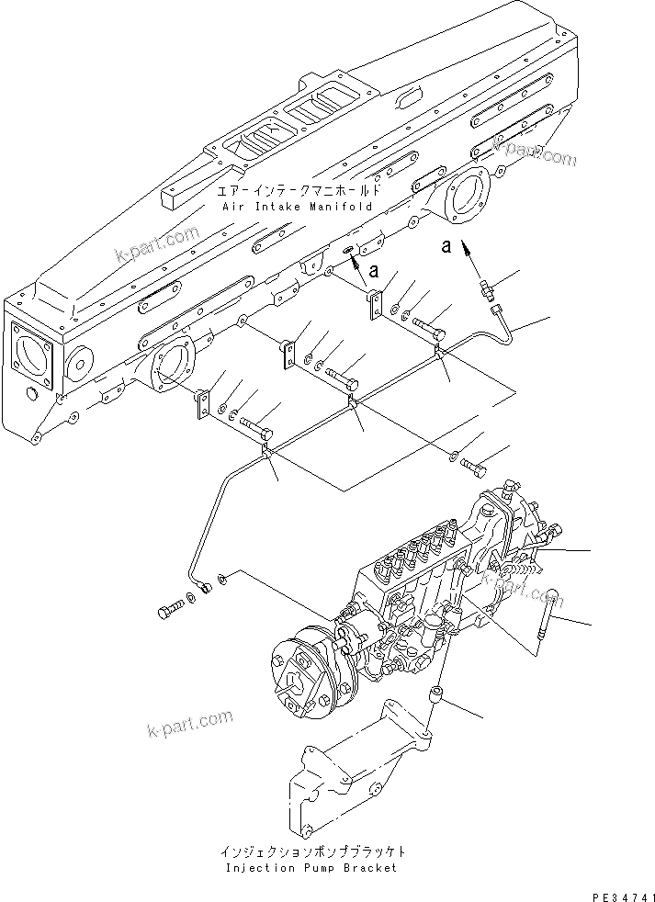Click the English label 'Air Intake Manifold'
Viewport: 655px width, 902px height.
[297, 208]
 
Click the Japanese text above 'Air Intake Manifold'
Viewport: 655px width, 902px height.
[297, 192]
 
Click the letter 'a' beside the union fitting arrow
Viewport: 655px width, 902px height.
[446, 246]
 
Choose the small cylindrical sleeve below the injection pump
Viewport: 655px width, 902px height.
[439, 694]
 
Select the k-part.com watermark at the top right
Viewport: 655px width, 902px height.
[534, 151]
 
